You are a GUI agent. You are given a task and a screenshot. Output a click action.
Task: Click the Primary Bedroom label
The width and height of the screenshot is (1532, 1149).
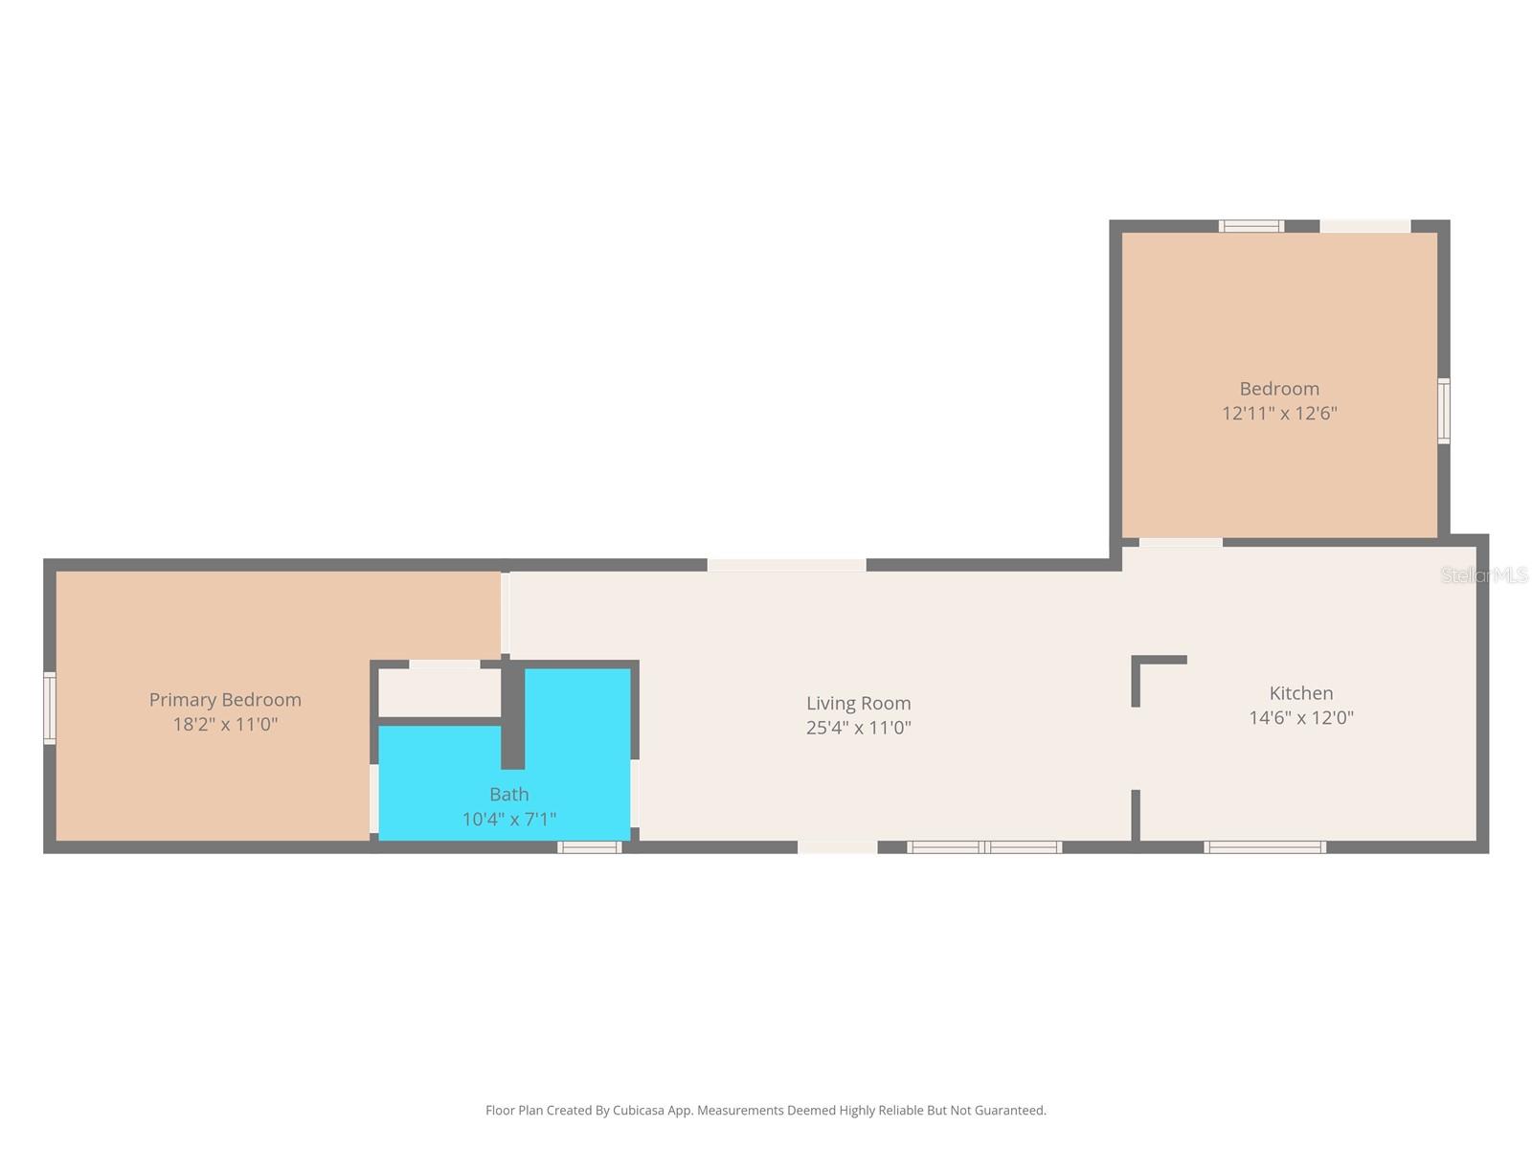[225, 700]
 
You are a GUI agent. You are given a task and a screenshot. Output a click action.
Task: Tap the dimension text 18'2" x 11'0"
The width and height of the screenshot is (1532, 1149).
[225, 725]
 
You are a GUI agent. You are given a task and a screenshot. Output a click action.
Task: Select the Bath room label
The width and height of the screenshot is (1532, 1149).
[508, 794]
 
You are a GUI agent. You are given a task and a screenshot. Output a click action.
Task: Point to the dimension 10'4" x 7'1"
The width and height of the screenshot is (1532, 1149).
[508, 820]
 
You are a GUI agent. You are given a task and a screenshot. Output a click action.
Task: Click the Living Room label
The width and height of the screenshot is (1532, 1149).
[858, 703]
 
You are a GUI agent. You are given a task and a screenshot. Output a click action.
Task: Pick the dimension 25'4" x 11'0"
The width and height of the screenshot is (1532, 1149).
[858, 728]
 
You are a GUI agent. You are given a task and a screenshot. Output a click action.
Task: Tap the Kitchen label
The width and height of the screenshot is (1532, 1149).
[1300, 693]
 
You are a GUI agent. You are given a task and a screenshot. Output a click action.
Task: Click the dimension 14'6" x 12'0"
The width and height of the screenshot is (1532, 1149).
[1300, 718]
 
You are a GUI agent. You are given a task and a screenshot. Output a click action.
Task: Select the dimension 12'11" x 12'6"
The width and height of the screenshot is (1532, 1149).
[1279, 414]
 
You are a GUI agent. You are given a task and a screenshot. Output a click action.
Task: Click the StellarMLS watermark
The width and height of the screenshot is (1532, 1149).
[1483, 575]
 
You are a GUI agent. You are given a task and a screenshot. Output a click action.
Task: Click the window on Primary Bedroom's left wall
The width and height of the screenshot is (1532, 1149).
[50, 708]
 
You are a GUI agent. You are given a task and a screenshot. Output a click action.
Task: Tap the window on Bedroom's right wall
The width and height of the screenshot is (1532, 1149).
[1443, 411]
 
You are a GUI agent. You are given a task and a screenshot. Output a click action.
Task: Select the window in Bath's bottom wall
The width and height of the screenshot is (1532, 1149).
[590, 847]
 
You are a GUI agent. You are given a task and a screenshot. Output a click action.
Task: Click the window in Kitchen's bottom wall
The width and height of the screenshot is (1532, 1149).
[1264, 847]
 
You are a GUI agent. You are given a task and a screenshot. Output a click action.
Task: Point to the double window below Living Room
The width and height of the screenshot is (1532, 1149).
[984, 847]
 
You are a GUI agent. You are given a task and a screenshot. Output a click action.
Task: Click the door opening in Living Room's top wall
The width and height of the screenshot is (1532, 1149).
[786, 565]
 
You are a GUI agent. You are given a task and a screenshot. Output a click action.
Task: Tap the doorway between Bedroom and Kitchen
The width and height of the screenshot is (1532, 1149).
[1180, 543]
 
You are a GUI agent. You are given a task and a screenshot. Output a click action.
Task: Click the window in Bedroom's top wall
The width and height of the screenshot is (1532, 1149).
[1250, 226]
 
